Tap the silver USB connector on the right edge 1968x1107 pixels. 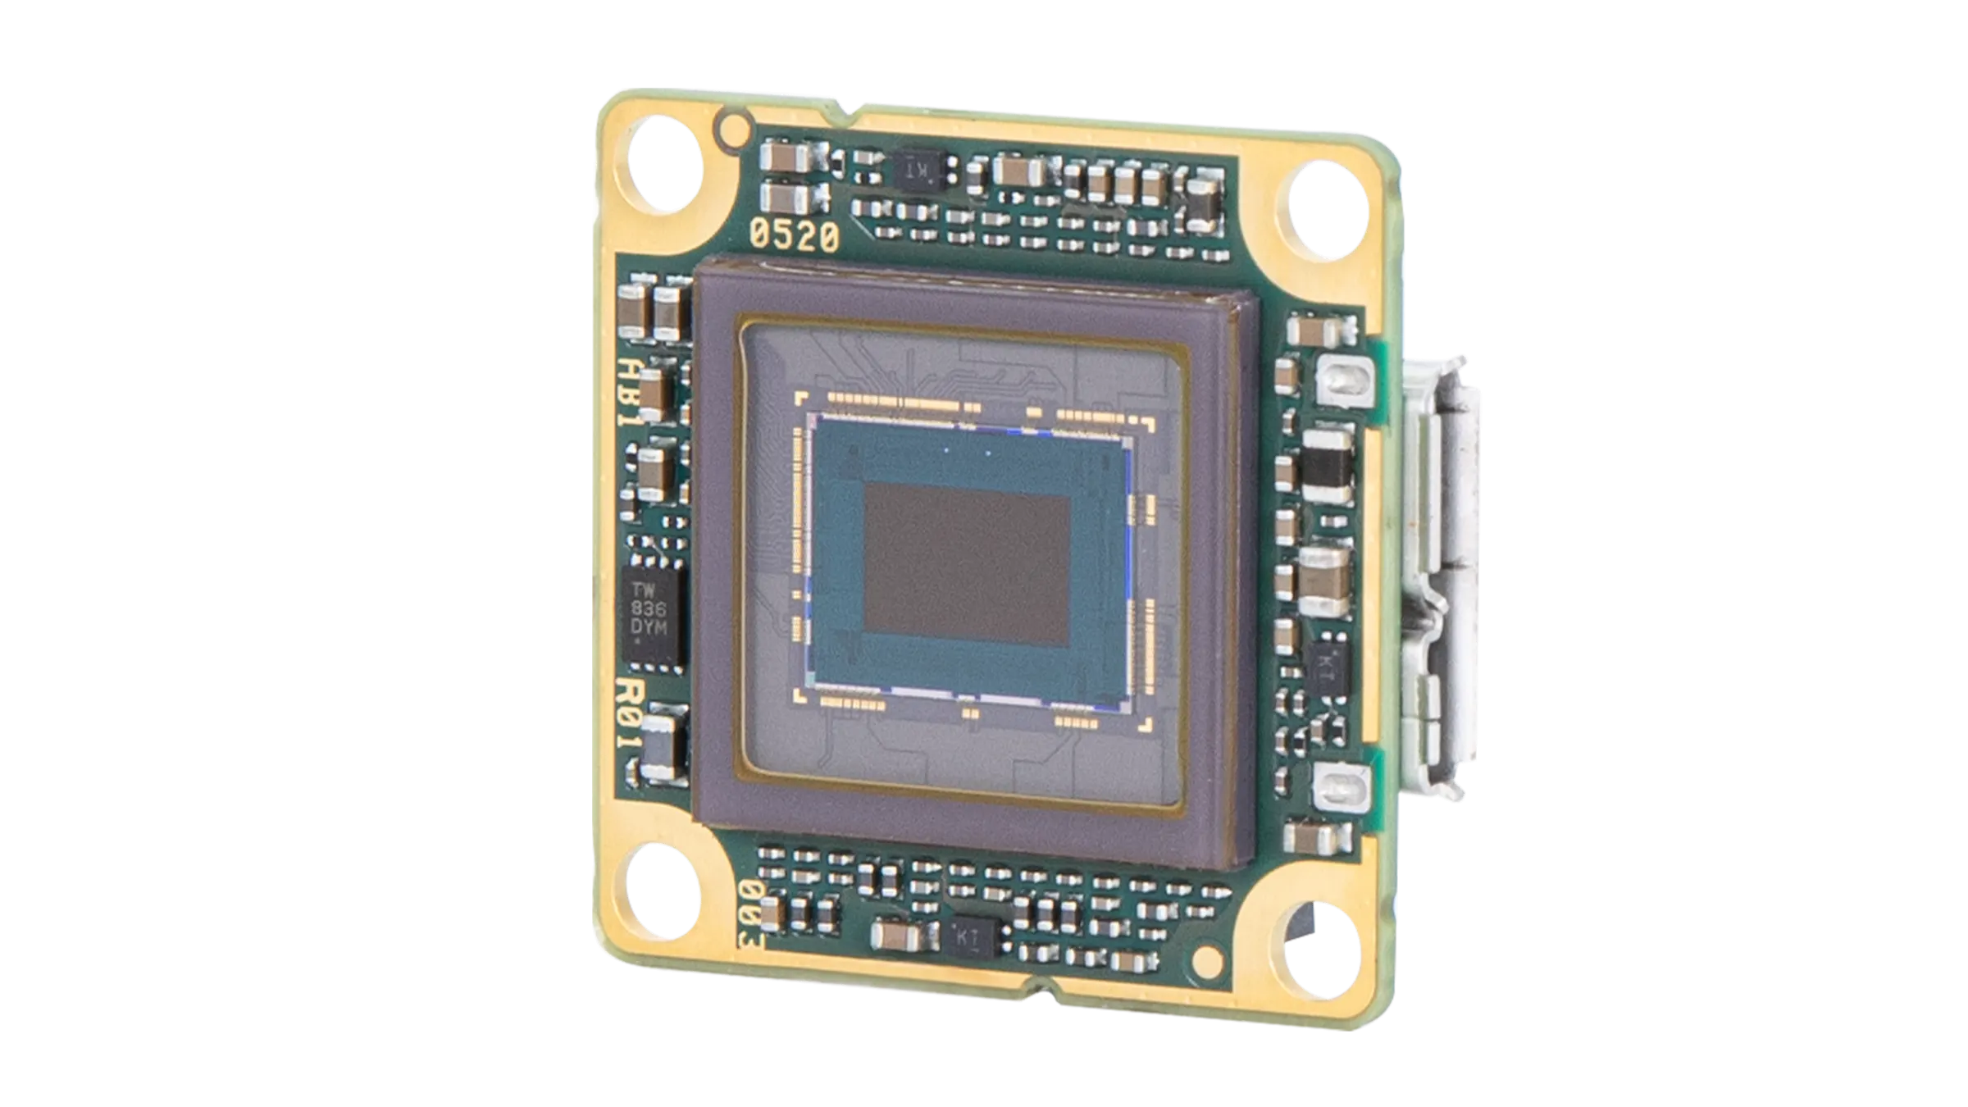coord(1443,590)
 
